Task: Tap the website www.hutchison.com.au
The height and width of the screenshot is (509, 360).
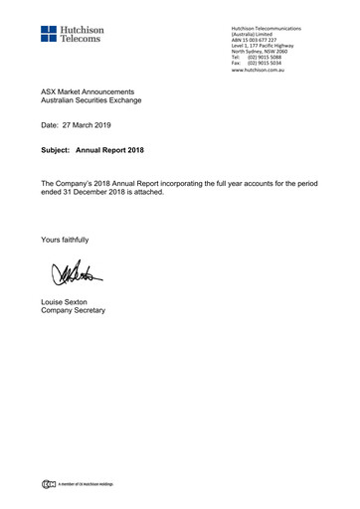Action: tap(258, 72)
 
